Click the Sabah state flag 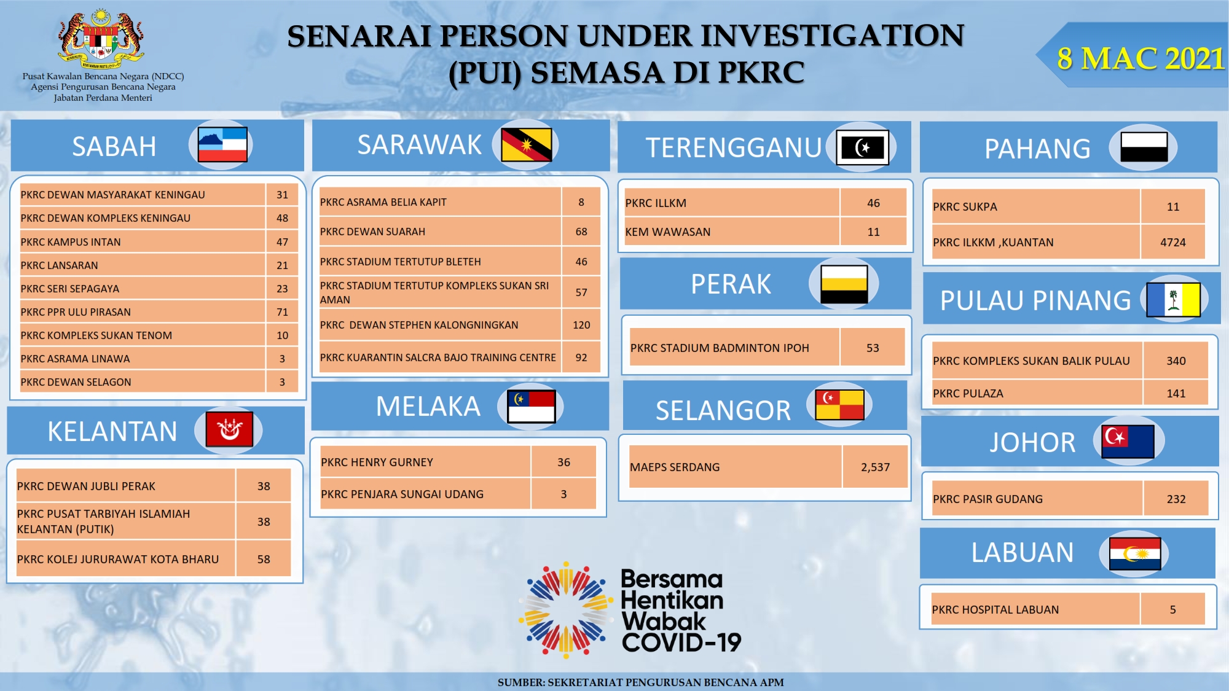tap(222, 145)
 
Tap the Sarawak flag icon tap(526, 145)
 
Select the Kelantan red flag tap(229, 429)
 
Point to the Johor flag tap(1128, 442)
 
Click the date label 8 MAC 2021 tap(1141, 58)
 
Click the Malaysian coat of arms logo tap(101, 39)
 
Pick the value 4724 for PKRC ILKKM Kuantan tap(1172, 243)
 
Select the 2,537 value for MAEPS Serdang tap(875, 467)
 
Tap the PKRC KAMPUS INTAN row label tap(71, 242)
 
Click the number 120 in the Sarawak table tap(581, 325)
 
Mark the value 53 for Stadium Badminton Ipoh tap(873, 348)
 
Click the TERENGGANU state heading tap(733, 147)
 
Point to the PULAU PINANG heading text tap(1035, 300)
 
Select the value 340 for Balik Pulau tap(1176, 361)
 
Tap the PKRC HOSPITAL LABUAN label tap(995, 610)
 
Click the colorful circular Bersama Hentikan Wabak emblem tap(566, 609)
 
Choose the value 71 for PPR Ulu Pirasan tap(282, 312)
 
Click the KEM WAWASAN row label tap(667, 232)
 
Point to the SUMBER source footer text tap(640, 682)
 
